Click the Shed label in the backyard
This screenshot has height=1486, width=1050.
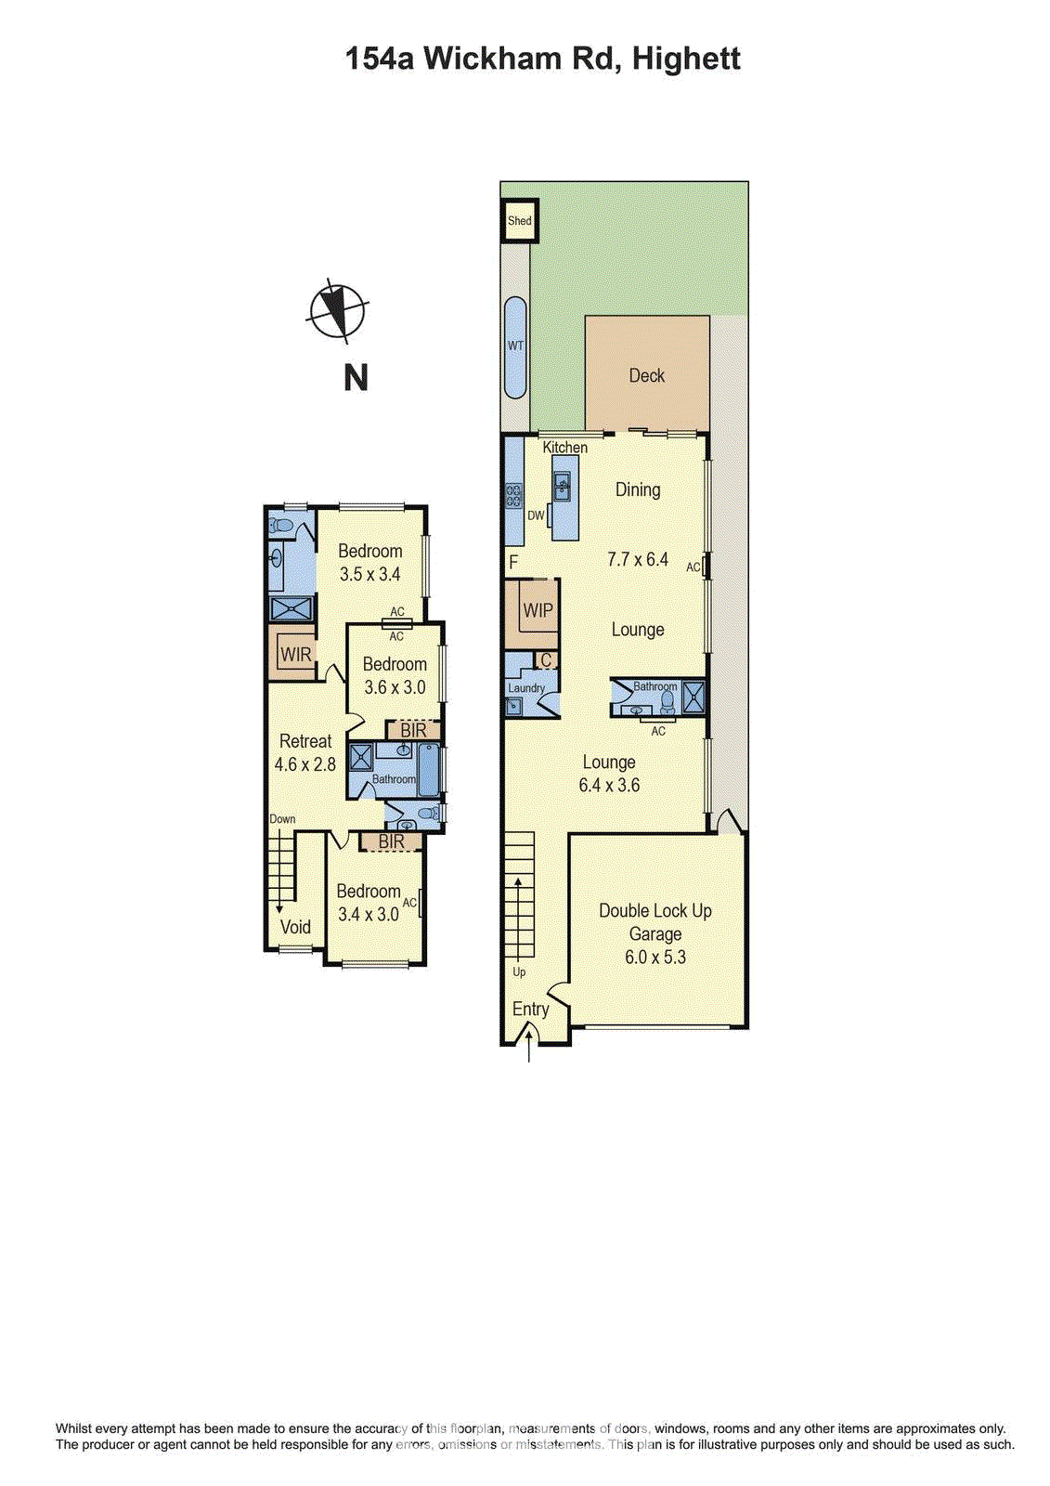click(520, 221)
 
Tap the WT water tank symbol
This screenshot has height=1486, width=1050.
click(515, 346)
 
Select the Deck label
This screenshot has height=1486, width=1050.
click(647, 376)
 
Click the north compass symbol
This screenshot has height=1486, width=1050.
click(337, 310)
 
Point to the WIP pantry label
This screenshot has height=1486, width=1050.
click(538, 611)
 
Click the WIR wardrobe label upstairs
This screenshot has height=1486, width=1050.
click(296, 655)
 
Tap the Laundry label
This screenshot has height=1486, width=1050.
click(526, 688)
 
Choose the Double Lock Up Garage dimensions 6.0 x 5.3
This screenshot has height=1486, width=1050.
click(655, 958)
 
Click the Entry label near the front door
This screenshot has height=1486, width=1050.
click(531, 1010)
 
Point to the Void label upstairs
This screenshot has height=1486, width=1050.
click(295, 927)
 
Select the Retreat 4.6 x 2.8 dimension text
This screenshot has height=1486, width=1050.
click(305, 764)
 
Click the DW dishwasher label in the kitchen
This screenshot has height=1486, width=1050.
click(536, 515)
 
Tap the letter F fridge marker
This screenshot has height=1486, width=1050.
click(513, 563)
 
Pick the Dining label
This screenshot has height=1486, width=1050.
click(638, 489)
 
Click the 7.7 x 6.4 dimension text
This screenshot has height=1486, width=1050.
click(638, 559)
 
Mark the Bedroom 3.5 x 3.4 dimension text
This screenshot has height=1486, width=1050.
click(369, 574)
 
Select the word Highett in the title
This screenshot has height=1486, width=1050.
click(686, 59)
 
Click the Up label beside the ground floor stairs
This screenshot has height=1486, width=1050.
click(519, 972)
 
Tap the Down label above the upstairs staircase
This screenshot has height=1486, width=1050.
click(282, 819)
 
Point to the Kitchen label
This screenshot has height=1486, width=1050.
click(565, 448)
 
